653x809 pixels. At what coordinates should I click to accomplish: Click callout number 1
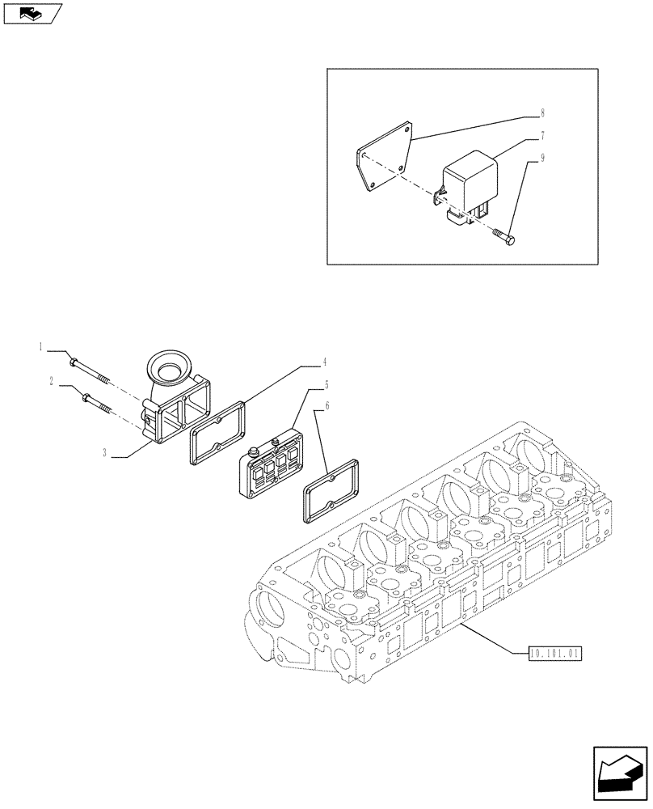click(40, 347)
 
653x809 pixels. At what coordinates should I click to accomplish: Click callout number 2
click(51, 381)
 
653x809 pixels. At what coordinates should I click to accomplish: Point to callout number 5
click(326, 385)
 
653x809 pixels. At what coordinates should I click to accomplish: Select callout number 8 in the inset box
click(542, 114)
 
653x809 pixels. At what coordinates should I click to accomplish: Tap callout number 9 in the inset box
click(542, 159)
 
